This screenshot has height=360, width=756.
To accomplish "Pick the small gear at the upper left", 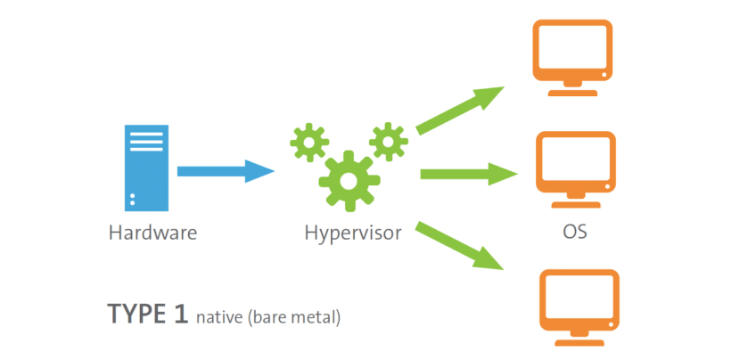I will pos(308,143).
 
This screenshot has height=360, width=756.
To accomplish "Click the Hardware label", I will pos(152,233).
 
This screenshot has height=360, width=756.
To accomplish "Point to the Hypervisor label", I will pos(353,234).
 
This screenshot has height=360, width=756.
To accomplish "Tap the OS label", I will pos(574,233).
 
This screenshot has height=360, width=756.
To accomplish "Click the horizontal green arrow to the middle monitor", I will pos(468,173).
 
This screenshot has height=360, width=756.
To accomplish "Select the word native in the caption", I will pos(219,316).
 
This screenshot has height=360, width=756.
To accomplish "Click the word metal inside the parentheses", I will pos(316,316).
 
